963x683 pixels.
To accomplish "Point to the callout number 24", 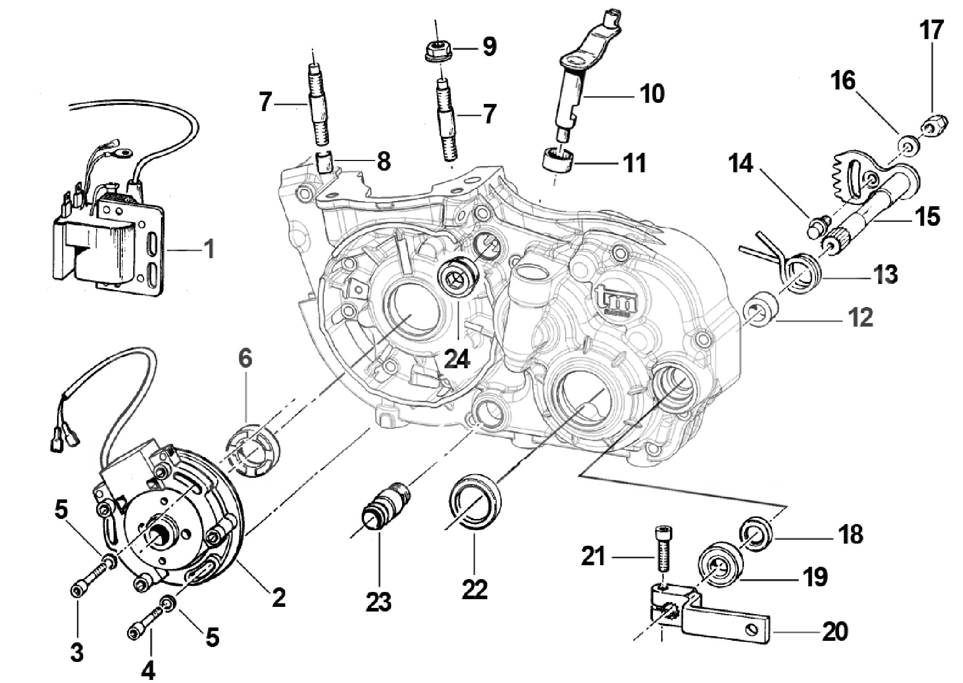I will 457,358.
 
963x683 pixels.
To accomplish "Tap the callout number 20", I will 834,632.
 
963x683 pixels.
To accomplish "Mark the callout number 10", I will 652,94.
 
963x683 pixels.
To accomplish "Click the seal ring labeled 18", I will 755,535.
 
